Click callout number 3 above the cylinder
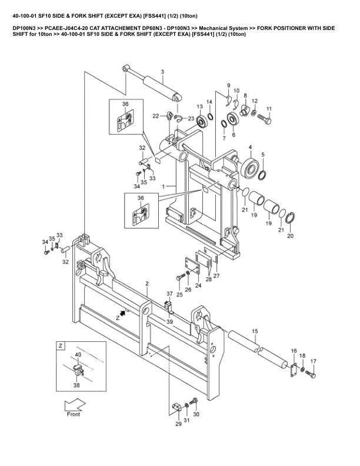click(x=162, y=72)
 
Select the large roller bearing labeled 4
click(x=251, y=168)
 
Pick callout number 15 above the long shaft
click(x=255, y=331)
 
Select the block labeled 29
click(x=176, y=406)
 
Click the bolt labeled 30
click(x=194, y=401)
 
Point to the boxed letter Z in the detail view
click(x=61, y=345)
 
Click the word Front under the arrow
click(x=74, y=414)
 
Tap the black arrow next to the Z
click(x=122, y=314)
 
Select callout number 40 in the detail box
click(x=78, y=355)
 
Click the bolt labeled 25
click(x=181, y=277)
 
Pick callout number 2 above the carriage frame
click(x=147, y=284)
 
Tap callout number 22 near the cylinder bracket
click(x=156, y=116)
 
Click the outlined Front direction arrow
click(x=75, y=404)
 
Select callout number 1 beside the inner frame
click(x=163, y=187)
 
